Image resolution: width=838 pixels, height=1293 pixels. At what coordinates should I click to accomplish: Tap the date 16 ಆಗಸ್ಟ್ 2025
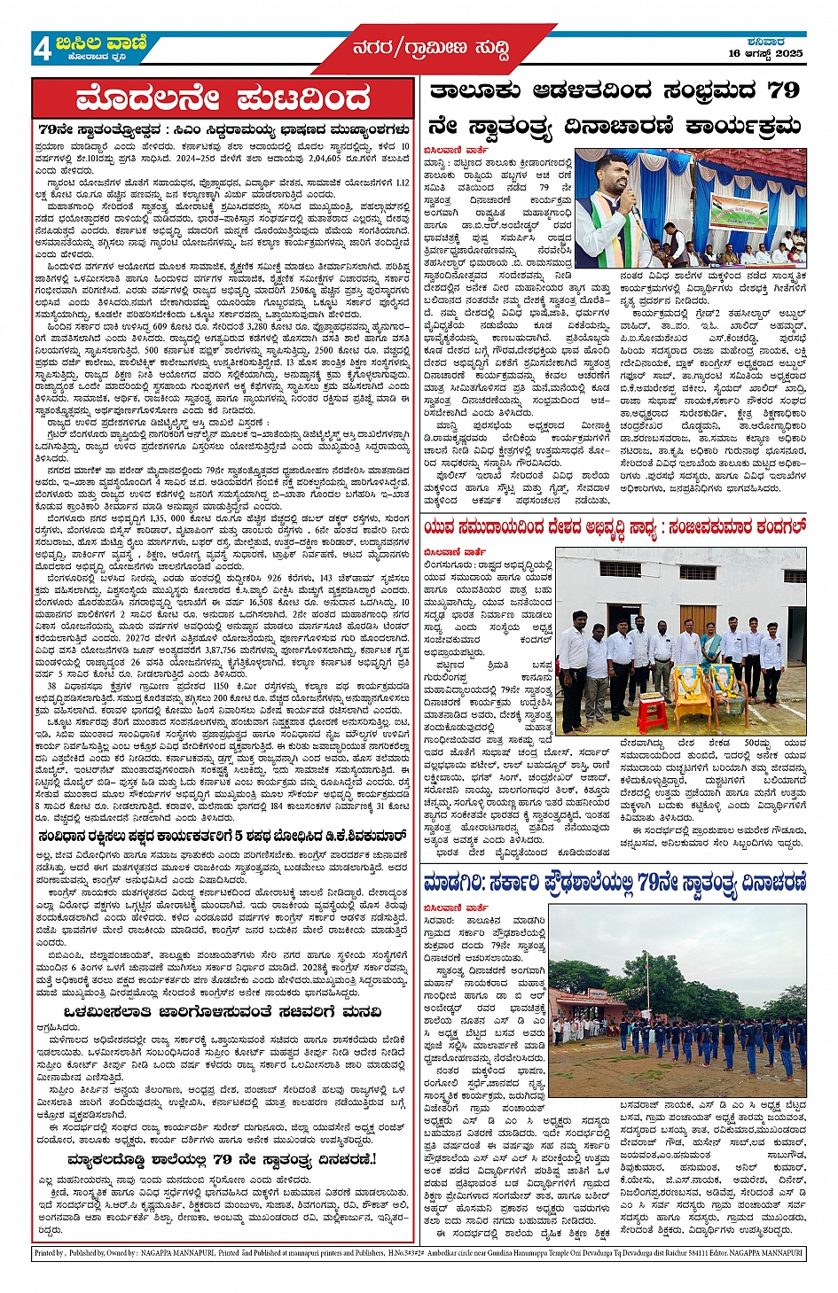[x=765, y=53]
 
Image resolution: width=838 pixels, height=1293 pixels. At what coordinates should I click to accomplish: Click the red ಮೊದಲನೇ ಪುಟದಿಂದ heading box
[x=223, y=98]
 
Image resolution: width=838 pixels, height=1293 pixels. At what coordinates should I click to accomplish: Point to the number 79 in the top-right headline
[x=783, y=90]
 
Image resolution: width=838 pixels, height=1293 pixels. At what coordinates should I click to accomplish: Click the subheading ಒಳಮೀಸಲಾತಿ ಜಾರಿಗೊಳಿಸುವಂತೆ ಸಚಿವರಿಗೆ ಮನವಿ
[x=223, y=1012]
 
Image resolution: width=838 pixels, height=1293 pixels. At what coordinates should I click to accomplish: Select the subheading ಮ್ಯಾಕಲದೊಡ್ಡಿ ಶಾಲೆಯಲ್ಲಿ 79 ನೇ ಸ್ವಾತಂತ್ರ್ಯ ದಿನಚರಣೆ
[x=223, y=1159]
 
